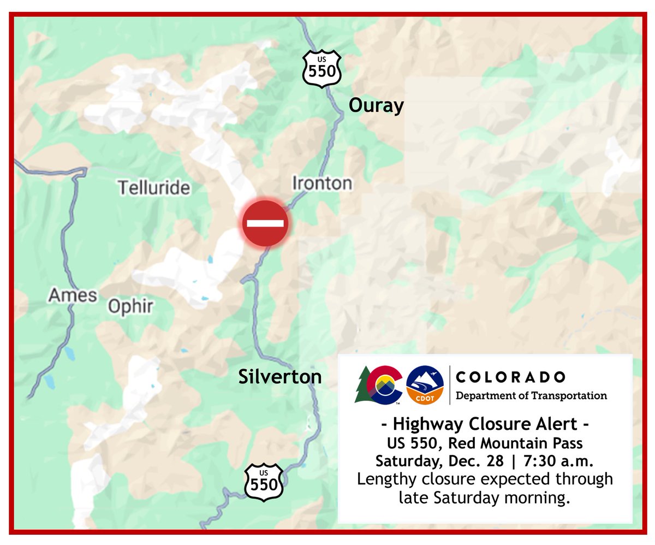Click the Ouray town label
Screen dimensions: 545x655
click(376, 105)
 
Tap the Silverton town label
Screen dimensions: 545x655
click(279, 376)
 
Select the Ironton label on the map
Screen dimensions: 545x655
click(322, 183)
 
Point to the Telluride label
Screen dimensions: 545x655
click(154, 188)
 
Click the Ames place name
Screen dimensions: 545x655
click(73, 295)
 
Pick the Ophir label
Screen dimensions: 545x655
click(130, 306)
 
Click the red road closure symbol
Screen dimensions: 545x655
click(265, 223)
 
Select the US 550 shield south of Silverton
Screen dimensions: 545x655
click(264, 481)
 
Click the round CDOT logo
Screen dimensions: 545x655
click(425, 386)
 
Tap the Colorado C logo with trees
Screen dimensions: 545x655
click(378, 386)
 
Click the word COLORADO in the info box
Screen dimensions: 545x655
click(510, 377)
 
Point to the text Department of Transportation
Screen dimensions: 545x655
click(531, 395)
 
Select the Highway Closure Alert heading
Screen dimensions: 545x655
click(485, 423)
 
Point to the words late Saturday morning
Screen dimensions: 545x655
click(485, 497)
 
